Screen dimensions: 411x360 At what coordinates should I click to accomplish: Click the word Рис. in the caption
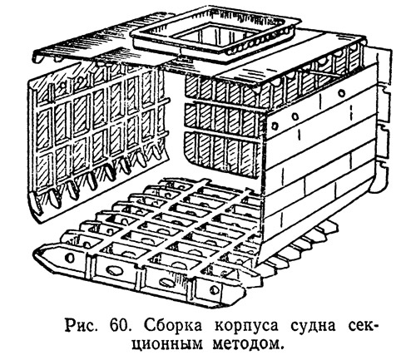click(x=82, y=325)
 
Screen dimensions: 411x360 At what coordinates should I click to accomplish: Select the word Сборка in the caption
click(x=173, y=325)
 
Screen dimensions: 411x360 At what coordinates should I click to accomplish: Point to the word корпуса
click(x=246, y=326)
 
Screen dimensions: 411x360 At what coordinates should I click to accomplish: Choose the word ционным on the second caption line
click(x=167, y=344)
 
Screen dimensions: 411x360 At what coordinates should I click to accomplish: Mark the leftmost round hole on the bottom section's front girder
click(x=70, y=258)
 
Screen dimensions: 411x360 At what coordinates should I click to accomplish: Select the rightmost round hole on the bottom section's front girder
click(x=215, y=290)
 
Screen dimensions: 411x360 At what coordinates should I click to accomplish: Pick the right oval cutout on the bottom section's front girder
click(x=166, y=282)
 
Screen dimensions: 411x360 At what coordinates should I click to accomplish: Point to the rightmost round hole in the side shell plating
click(x=341, y=92)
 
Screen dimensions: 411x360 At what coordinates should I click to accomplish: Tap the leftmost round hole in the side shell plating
click(x=275, y=126)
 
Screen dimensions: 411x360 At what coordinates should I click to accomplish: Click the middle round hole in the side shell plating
click(x=295, y=116)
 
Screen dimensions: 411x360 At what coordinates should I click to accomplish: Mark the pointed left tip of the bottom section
click(x=34, y=252)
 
